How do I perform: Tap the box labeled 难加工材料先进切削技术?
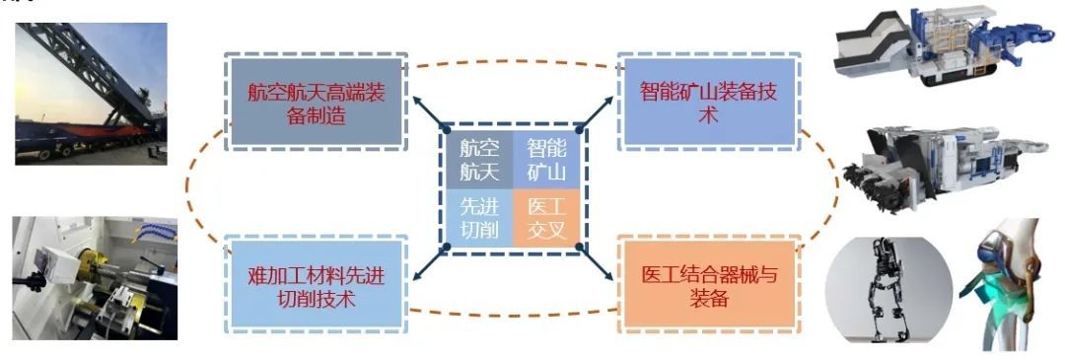pos(316,282)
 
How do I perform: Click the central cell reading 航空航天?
pos(479,159)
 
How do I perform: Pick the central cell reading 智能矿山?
pos(545,159)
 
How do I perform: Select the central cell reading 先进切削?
pos(479,219)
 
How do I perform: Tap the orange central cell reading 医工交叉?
pos(545,219)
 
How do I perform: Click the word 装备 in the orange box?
pos(707,297)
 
